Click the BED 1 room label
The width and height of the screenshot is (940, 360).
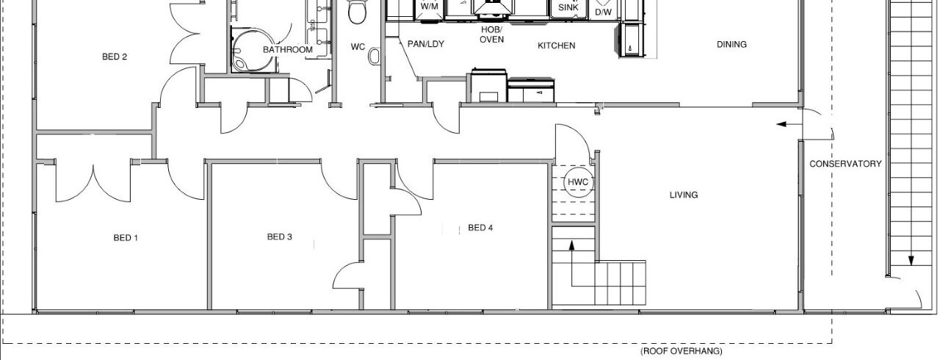pyautogui.click(x=126, y=238)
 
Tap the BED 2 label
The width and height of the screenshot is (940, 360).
pyautogui.click(x=115, y=57)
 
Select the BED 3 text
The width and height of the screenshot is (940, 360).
pyautogui.click(x=280, y=237)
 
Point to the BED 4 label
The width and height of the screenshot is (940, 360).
pyautogui.click(x=480, y=228)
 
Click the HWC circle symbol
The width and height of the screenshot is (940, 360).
pyautogui.click(x=578, y=182)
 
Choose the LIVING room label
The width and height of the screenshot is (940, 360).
pyautogui.click(x=684, y=195)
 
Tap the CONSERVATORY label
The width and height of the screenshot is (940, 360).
pyautogui.click(x=845, y=164)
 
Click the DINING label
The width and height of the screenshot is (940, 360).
pyautogui.click(x=731, y=45)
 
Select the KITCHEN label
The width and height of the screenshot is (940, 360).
pyautogui.click(x=557, y=46)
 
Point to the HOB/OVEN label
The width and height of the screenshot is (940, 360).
pyautogui.click(x=491, y=35)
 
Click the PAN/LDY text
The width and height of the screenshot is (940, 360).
pyautogui.click(x=425, y=44)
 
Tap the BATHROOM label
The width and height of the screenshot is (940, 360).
pyautogui.click(x=288, y=49)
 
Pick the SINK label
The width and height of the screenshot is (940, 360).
pyautogui.click(x=568, y=7)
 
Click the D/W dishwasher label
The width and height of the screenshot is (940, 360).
pyautogui.click(x=604, y=12)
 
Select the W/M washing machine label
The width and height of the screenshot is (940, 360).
pyautogui.click(x=430, y=7)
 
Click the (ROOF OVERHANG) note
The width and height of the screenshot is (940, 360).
pyautogui.click(x=681, y=350)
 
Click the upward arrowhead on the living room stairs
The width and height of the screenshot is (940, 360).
pyautogui.click(x=571, y=246)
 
